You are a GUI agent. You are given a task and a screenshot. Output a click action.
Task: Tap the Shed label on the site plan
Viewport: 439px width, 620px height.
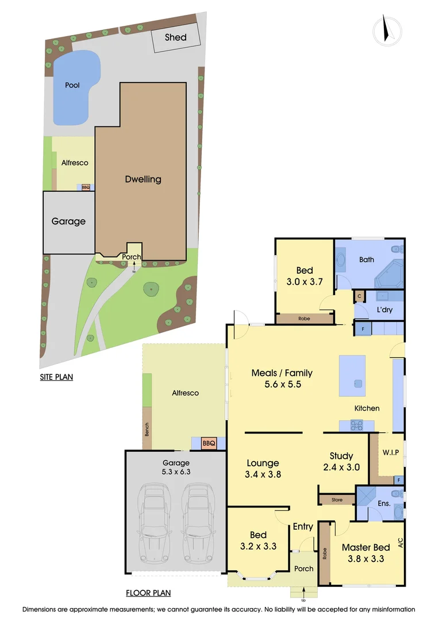[175, 37]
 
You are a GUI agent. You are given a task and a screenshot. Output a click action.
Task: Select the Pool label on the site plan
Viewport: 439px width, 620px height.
[72, 85]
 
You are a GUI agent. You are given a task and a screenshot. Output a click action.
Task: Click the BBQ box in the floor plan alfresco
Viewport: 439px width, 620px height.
[208, 443]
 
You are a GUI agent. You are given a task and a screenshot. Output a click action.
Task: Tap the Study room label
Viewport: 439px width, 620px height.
[341, 456]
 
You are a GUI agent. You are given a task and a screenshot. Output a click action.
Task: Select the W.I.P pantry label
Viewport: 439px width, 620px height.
[390, 452]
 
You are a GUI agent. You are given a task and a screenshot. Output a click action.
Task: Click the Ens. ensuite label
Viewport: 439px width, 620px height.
[384, 503]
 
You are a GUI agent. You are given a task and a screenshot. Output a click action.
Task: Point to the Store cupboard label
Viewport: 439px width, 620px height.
[337, 500]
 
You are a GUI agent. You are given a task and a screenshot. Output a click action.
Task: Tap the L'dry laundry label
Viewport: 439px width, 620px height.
[384, 309]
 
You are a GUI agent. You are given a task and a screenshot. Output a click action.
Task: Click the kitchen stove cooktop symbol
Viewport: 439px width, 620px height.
[356, 425]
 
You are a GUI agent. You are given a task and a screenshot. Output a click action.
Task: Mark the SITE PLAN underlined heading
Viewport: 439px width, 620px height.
[56, 377]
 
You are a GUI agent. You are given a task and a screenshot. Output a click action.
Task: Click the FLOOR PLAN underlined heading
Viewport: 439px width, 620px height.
[148, 593]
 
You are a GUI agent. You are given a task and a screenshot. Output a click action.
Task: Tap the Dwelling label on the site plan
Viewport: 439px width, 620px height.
[143, 179]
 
